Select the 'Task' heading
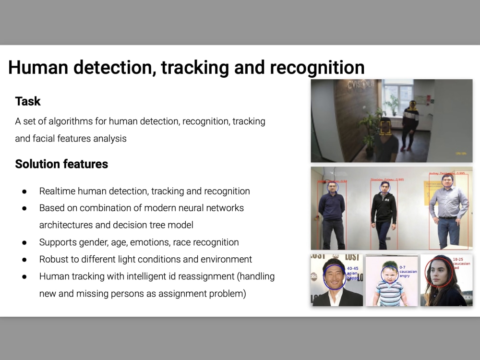pos(28,101)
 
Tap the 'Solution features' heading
pos(61,164)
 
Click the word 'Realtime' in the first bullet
pos(58,191)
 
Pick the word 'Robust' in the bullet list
pos(54,259)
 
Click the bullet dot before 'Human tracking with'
pos(24,276)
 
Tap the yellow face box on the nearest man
pos(385,128)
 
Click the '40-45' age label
pos(352,269)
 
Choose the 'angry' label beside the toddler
pos(406,276)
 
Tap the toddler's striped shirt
pos(389,293)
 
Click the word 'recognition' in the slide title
pos(317,68)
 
